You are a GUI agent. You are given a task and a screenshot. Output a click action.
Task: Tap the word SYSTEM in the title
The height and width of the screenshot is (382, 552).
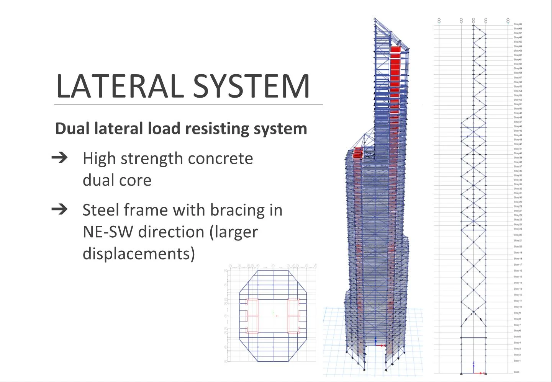click(x=251, y=86)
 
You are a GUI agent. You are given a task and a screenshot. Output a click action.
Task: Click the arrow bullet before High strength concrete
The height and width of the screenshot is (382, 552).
click(x=59, y=157)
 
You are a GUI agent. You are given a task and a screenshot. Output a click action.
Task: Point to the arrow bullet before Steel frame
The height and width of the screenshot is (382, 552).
click(x=59, y=209)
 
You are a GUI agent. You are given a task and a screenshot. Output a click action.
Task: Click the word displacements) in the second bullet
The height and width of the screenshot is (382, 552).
click(x=139, y=254)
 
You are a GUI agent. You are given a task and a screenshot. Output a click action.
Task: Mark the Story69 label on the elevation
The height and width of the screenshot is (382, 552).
click(x=518, y=24)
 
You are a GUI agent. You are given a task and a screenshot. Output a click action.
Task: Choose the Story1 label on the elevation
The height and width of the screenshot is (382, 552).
click(x=517, y=361)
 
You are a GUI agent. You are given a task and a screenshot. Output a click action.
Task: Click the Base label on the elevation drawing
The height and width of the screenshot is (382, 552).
click(x=516, y=372)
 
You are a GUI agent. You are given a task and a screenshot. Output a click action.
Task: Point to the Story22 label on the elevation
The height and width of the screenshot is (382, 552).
click(x=518, y=235)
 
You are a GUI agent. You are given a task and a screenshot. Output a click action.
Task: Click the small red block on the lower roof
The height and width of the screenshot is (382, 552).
click(x=357, y=153)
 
